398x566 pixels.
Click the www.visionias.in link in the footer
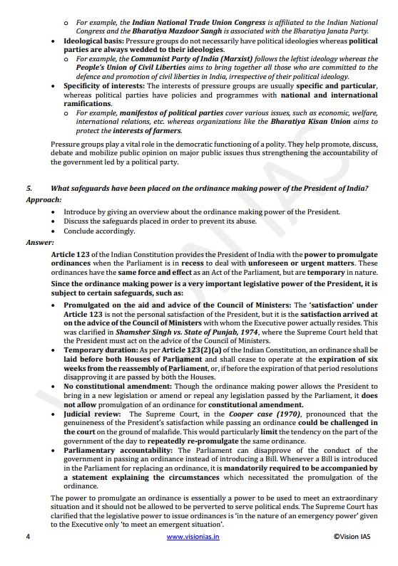pyautogui.click(x=193, y=537)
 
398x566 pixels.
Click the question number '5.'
pyautogui.click(x=29, y=188)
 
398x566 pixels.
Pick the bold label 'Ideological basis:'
pyautogui.click(x=93, y=42)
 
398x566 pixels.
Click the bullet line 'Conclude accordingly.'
pyautogui.click(x=99, y=231)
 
